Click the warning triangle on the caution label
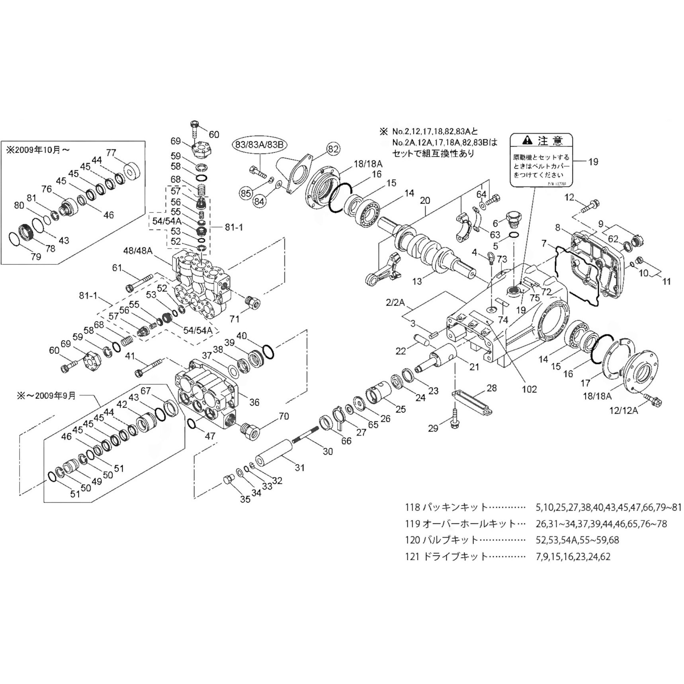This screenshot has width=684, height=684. click(x=527, y=140)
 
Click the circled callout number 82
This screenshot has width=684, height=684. click(x=333, y=149)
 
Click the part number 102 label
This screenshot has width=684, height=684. click(x=529, y=389)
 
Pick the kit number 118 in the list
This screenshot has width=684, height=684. click(x=412, y=507)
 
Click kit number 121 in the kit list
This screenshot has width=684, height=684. click(x=412, y=557)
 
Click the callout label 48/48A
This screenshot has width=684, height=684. click(x=138, y=251)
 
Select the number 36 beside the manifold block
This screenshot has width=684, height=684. click(x=254, y=402)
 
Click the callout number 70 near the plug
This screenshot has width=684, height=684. click(x=283, y=416)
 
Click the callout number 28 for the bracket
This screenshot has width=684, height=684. click(x=492, y=388)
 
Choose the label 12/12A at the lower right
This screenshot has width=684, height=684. click(x=624, y=410)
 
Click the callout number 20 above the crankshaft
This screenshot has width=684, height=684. click(x=425, y=200)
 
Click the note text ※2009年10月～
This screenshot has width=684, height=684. click(x=38, y=150)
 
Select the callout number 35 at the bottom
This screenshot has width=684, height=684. click(x=245, y=499)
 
